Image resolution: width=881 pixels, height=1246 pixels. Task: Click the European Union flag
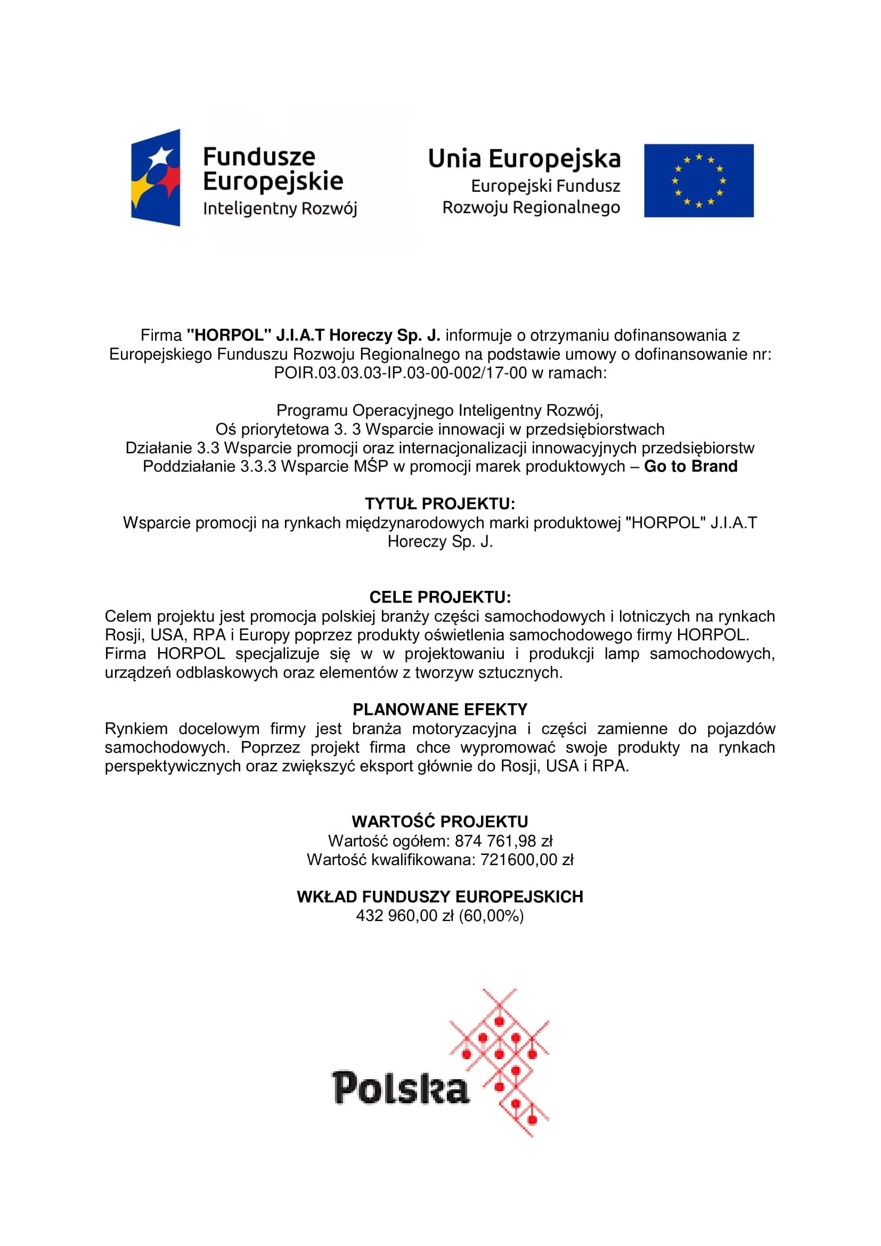tap(698, 181)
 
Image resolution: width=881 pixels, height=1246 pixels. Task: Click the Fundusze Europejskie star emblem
tap(156, 177)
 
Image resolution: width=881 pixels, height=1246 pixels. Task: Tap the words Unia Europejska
tap(524, 158)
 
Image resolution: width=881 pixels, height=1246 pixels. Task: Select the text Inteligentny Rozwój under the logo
tap(280, 208)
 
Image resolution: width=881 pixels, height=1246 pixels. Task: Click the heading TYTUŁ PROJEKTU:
tap(440, 503)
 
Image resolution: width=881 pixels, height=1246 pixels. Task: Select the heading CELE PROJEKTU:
tap(440, 598)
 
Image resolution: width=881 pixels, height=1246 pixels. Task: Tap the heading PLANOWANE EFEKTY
tap(440, 709)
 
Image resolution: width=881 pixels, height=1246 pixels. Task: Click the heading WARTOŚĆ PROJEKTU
tap(440, 821)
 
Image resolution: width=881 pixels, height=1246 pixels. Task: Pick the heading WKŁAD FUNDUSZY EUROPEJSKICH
tap(440, 897)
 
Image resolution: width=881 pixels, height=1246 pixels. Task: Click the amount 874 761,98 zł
tap(503, 841)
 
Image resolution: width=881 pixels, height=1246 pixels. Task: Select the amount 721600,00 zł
tap(527, 860)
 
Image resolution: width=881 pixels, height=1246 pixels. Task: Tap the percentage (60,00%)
tap(492, 916)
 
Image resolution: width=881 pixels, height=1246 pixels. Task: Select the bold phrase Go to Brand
tap(691, 466)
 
